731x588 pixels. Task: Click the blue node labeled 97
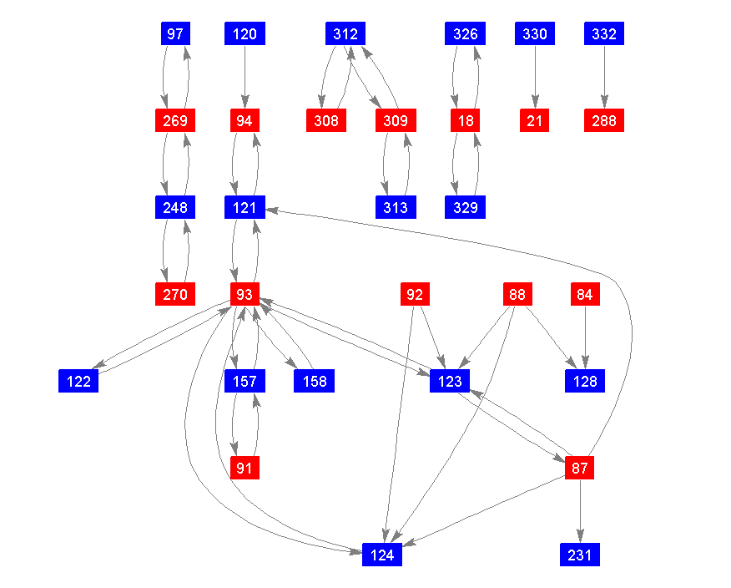pos(175,34)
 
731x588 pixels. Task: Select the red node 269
pos(175,121)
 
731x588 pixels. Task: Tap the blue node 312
pos(345,34)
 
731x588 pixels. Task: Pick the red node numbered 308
pos(326,121)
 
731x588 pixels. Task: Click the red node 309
pos(396,121)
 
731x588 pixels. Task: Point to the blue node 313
pos(396,208)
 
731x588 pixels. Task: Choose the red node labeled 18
pos(466,121)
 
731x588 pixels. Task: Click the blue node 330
pos(535,34)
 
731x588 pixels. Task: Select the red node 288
pos(604,121)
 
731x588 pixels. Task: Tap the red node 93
pos(245,295)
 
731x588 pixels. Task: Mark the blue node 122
pos(79,382)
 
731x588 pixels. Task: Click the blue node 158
pos(314,382)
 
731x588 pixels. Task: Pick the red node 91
pos(245,469)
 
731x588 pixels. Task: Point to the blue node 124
pos(382,555)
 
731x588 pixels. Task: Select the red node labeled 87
pos(580,469)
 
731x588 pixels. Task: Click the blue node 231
pos(580,555)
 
